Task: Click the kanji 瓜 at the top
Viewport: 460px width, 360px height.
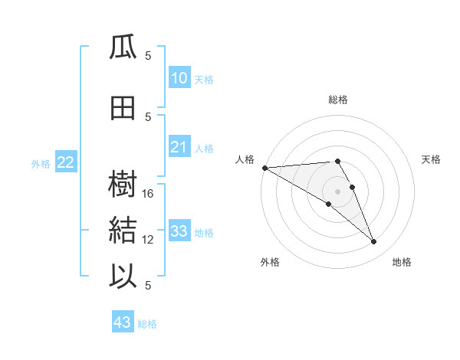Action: pyautogui.click(x=123, y=47)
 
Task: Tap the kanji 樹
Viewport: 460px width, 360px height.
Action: pyautogui.click(x=123, y=184)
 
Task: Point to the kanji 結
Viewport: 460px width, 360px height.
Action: pyautogui.click(x=123, y=231)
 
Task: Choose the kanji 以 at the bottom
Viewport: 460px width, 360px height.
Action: pyautogui.click(x=123, y=277)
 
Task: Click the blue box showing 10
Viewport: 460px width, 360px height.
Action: pyautogui.click(x=179, y=78)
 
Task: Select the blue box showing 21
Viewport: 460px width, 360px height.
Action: pyautogui.click(x=179, y=147)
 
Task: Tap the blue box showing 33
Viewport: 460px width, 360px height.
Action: pyautogui.click(x=179, y=231)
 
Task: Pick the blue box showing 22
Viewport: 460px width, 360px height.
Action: pyautogui.click(x=65, y=162)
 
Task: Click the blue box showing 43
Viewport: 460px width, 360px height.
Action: pyautogui.click(x=123, y=322)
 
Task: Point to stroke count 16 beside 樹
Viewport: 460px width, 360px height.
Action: pyautogui.click(x=149, y=194)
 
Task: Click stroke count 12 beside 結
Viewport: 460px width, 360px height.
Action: pyautogui.click(x=149, y=240)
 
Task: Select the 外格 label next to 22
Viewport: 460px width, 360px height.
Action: pyautogui.click(x=41, y=163)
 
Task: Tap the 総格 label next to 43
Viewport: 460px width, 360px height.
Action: pyautogui.click(x=147, y=324)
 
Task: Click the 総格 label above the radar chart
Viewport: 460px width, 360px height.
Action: pyautogui.click(x=338, y=100)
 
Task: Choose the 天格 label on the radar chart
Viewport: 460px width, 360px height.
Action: pyautogui.click(x=432, y=159)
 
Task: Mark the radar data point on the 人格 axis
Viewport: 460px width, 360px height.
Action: pyautogui.click(x=264, y=168)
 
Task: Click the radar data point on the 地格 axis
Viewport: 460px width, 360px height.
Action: pyautogui.click(x=374, y=242)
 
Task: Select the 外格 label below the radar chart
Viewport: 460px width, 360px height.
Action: pyautogui.click(x=270, y=262)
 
